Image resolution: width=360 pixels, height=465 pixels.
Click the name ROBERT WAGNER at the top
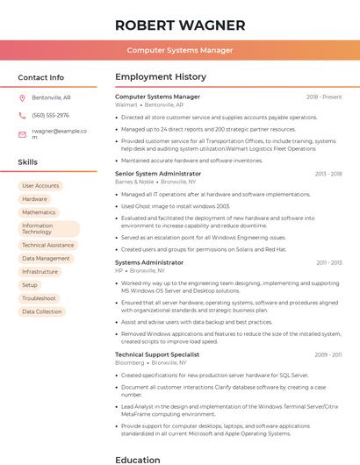[x=180, y=25]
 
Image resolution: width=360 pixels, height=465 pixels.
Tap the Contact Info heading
[x=40, y=77]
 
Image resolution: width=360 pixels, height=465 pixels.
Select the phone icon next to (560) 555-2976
[x=22, y=116]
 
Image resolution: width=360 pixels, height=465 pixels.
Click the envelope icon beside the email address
[x=22, y=134]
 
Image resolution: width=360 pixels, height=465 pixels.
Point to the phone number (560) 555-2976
[x=50, y=116]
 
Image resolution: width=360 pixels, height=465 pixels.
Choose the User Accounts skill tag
[x=40, y=186]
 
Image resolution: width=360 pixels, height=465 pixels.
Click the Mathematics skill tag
[x=39, y=212]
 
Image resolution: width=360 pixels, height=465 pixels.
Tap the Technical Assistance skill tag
[x=47, y=246]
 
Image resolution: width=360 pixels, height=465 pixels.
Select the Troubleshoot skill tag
[x=39, y=298]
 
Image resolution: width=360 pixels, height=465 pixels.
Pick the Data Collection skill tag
[x=42, y=311]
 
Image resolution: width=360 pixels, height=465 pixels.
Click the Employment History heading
[x=160, y=77]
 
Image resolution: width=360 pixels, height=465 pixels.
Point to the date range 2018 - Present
[x=324, y=97]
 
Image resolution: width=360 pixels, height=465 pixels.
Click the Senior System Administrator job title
[x=158, y=174]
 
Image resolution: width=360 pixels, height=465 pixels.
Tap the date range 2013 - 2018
[x=328, y=174]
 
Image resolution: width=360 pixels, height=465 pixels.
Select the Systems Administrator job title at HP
[x=149, y=262]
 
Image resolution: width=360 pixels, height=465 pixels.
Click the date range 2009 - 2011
[x=328, y=354]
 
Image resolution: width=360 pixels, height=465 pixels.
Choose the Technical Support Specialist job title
[x=157, y=354]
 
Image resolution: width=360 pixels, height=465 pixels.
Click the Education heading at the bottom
[x=137, y=459]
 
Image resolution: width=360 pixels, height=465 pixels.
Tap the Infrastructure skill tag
[x=40, y=272]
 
